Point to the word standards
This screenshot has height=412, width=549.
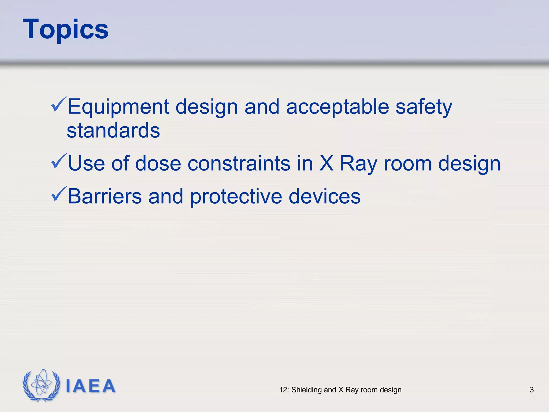tap(113, 131)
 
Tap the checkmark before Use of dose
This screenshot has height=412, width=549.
tap(58, 161)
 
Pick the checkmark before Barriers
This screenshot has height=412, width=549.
tap(58, 194)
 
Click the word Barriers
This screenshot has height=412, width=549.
tap(105, 196)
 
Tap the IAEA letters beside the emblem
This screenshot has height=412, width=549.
tap(90, 386)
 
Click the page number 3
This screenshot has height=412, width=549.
tap(532, 390)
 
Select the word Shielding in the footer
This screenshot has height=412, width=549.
tap(306, 390)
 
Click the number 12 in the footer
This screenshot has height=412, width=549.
tap(283, 390)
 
